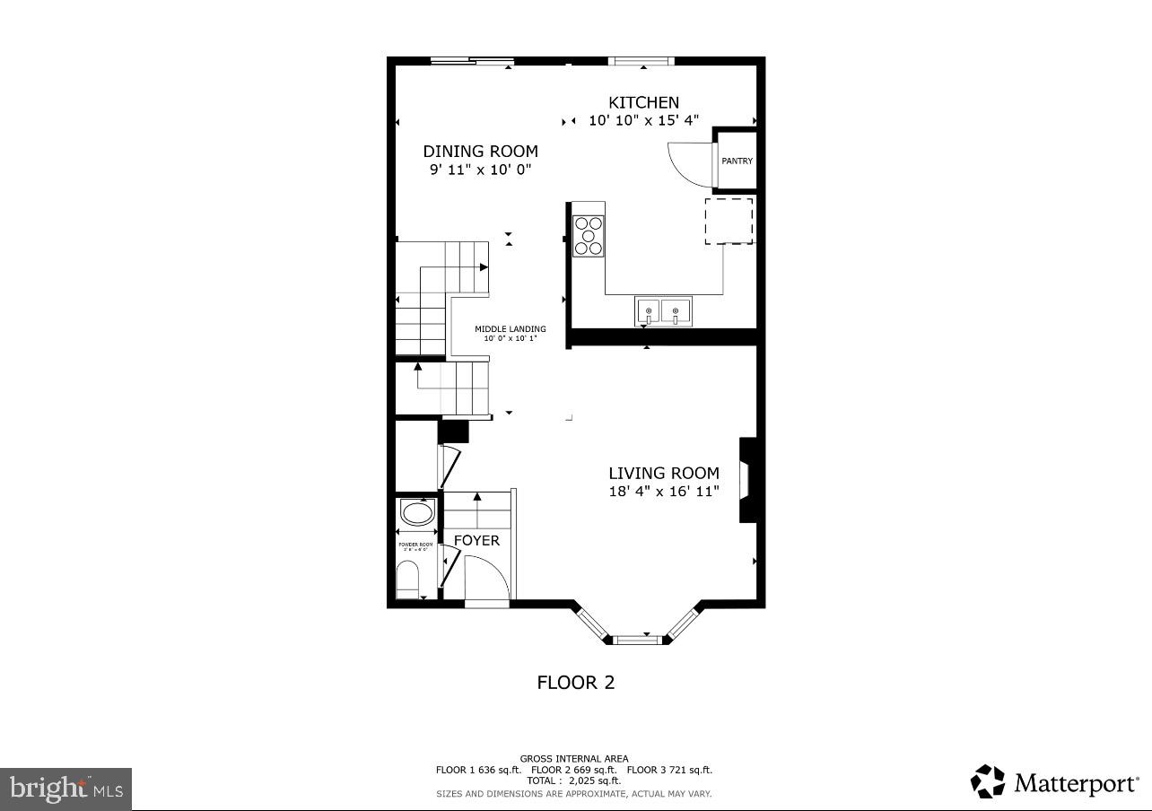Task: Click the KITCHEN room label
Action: tap(643, 102)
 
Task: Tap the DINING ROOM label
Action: tap(480, 152)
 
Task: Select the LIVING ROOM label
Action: tap(663, 473)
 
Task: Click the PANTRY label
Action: tap(737, 161)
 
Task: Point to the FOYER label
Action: tap(476, 540)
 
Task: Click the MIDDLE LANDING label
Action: tap(510, 329)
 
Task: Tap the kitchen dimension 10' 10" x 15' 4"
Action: tap(643, 120)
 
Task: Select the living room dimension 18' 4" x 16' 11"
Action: tap(663, 491)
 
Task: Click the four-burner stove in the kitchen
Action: tap(589, 236)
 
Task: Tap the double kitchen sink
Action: tap(663, 311)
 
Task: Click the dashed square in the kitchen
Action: tap(729, 221)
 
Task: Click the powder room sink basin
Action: tap(416, 514)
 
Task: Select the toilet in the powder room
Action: tap(408, 580)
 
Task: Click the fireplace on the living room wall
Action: tap(746, 480)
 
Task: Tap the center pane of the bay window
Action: tap(637, 640)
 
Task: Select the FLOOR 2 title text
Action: tap(575, 683)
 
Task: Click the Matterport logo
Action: tap(1053, 782)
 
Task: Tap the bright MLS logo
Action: tap(65, 789)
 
